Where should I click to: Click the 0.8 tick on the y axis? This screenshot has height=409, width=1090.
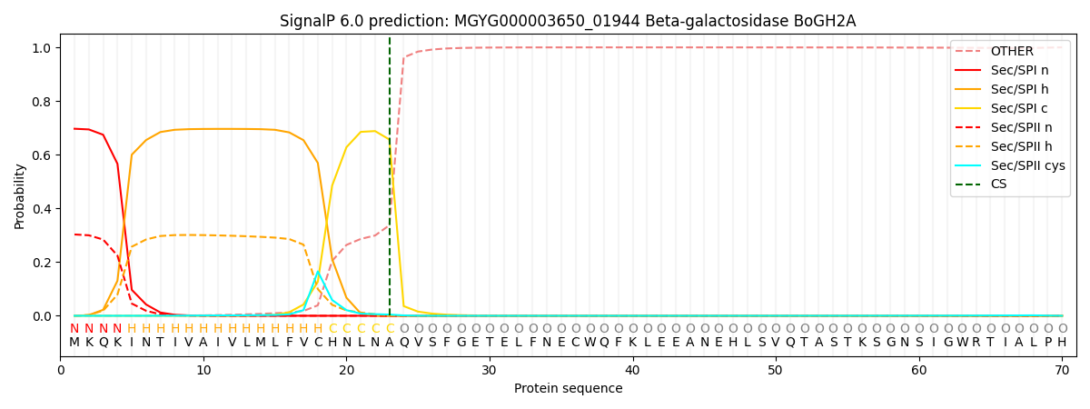click(41, 101)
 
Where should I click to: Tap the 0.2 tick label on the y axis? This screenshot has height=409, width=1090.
click(41, 263)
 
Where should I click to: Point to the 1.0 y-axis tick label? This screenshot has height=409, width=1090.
click(41, 47)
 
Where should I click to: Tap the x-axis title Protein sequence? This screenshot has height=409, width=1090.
click(568, 389)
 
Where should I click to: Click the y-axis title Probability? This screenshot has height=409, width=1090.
click(20, 195)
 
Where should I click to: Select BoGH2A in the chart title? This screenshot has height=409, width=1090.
click(827, 21)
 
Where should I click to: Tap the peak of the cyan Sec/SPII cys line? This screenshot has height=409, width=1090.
click(317, 272)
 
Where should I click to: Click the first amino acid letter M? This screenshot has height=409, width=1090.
click(74, 343)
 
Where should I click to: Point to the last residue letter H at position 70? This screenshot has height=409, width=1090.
click(1062, 343)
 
